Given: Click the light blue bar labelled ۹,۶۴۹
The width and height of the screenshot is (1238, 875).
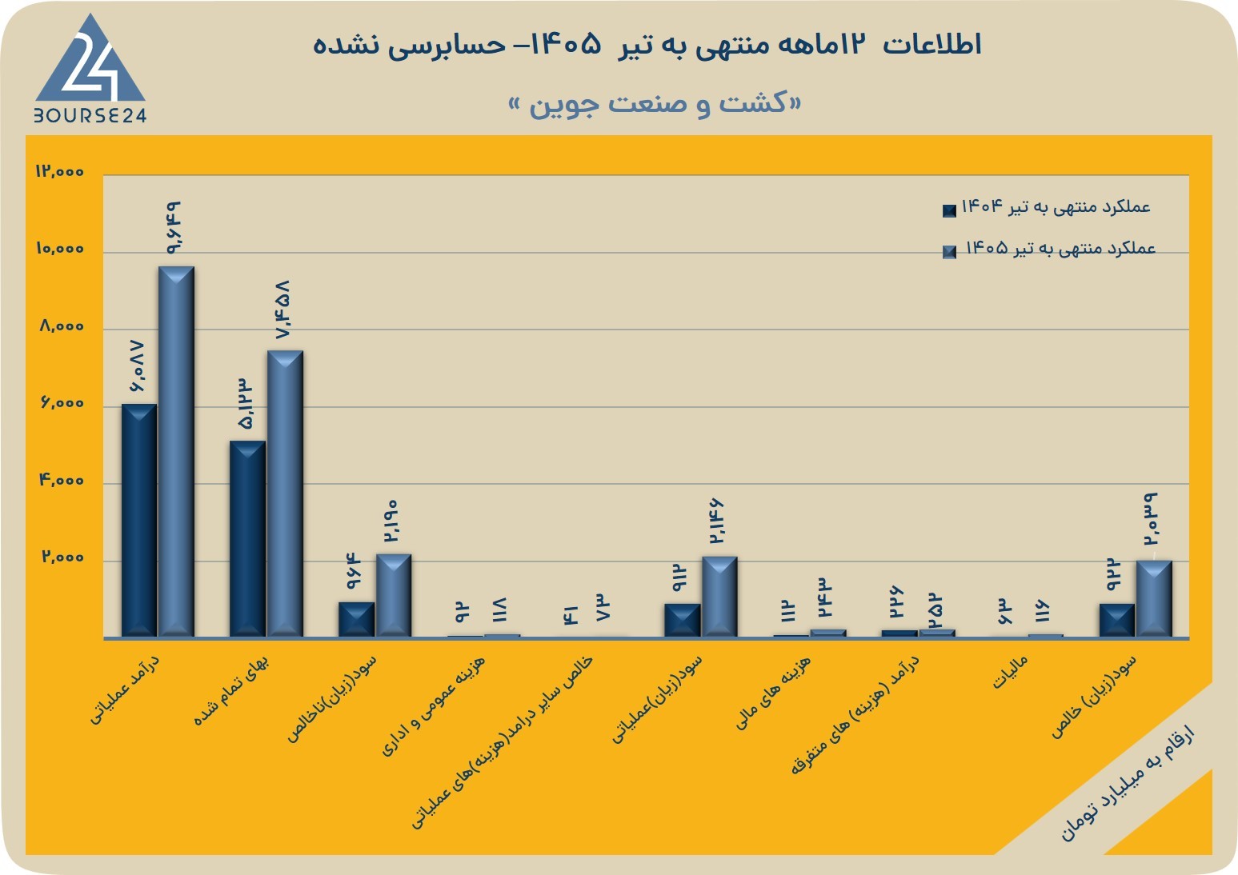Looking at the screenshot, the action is coord(176,452).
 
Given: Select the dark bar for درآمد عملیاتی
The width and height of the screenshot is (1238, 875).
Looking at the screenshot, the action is coord(139,521).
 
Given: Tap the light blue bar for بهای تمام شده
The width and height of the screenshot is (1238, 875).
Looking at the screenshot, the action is coord(285,493).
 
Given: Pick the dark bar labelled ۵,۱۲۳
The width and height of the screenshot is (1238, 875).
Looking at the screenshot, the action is coord(247,539).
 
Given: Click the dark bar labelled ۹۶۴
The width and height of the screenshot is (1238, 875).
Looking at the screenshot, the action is coord(356,620).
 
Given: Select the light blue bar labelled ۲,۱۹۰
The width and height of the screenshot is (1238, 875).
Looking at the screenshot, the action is coord(394,596).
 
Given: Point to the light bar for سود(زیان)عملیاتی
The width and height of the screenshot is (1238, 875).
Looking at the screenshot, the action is coord(719,597).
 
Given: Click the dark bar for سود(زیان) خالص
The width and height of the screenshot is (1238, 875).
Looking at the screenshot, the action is coord(1117,621).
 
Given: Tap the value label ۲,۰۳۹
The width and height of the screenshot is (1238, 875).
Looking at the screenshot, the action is coord(1151,519).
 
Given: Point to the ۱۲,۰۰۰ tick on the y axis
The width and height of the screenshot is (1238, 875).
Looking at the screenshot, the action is coord(60,171).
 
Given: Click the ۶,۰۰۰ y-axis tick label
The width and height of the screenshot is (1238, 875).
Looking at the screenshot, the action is coord(62,403).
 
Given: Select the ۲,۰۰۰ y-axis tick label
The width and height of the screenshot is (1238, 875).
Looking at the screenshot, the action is coord(62,557).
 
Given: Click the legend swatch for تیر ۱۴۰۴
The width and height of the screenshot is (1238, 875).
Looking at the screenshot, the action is coord(949,210).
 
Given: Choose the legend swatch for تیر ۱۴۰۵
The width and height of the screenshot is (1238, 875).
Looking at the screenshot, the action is coord(949,253).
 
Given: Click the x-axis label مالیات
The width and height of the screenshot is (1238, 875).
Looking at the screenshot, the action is coord(1010,672).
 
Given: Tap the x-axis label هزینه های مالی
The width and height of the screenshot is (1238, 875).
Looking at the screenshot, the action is coord(773,693).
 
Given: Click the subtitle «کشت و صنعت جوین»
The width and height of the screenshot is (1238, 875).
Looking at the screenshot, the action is coord(655,104).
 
